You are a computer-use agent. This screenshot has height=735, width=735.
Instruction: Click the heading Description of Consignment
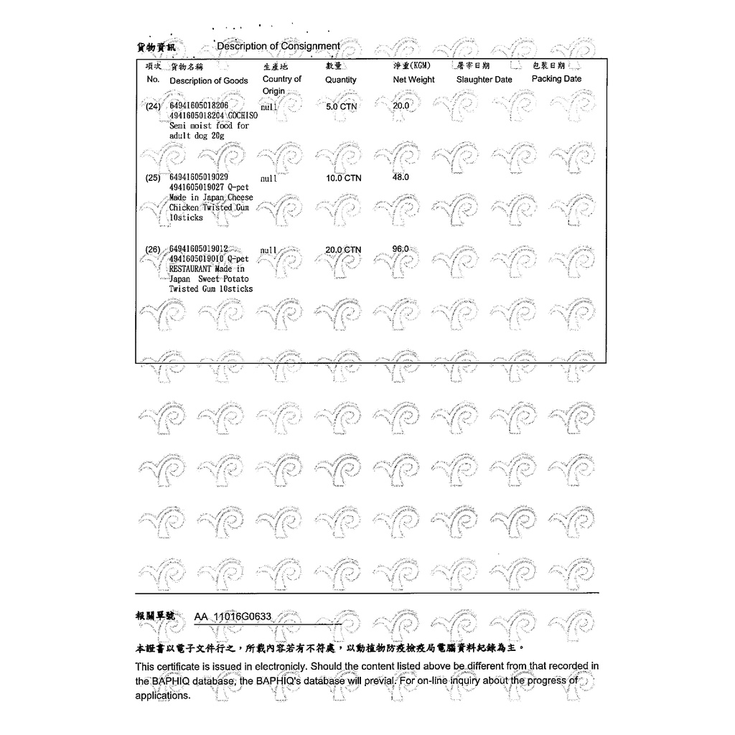point(278,46)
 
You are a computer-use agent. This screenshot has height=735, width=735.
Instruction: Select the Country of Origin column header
point(281,85)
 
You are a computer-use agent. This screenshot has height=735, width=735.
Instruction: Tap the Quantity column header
point(340,80)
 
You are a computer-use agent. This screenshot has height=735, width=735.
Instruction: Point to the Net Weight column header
point(413,80)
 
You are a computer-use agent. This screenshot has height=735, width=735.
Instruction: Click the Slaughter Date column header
point(484,80)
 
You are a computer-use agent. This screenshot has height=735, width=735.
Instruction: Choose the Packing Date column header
point(556,79)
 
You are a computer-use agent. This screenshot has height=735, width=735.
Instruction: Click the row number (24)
point(154,106)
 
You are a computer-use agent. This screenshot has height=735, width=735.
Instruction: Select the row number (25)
point(154,177)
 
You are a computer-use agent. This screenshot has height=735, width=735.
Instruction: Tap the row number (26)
point(154,250)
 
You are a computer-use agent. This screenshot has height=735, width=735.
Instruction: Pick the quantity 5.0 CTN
point(341,106)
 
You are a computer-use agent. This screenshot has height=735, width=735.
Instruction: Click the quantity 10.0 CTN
point(343,177)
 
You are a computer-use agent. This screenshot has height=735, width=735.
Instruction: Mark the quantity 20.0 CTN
point(343,250)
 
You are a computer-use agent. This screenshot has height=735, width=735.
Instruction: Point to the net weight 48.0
point(401,177)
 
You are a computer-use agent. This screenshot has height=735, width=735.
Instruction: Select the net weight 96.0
point(401,249)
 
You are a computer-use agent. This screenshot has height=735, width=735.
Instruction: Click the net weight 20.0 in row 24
point(401,106)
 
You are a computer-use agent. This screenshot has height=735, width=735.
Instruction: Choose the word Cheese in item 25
point(240,197)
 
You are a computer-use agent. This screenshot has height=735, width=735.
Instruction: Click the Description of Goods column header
point(208,80)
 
